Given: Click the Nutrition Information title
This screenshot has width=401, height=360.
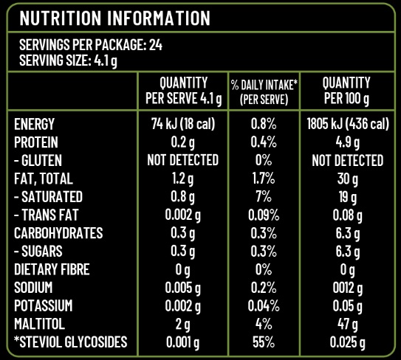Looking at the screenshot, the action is [114, 18].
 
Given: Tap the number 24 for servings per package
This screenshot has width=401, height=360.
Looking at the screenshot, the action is [156, 45].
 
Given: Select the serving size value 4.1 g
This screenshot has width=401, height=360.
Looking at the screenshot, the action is [106, 61].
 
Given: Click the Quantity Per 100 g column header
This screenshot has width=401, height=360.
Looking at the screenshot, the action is [346, 91].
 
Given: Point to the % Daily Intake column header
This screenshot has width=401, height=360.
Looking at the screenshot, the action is [264, 92].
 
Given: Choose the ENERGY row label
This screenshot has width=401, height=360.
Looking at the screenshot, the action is [34, 124].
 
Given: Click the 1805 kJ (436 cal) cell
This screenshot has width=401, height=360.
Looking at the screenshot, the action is [348, 124].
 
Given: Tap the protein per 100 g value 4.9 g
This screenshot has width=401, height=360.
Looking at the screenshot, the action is [348, 143].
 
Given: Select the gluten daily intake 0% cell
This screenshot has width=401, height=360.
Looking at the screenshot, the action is [264, 160].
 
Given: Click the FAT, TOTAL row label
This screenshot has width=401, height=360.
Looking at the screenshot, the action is [44, 179].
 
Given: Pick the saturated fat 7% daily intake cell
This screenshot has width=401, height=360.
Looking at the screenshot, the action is [264, 197].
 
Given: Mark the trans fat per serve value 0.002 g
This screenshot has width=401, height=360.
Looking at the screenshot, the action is [182, 215].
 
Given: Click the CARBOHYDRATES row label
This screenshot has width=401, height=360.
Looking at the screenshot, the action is [58, 233].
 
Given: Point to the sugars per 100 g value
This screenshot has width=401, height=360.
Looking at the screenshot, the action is [348, 252].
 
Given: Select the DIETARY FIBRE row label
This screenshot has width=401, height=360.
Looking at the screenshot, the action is [52, 269].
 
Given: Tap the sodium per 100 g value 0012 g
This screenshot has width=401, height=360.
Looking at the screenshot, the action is [348, 288].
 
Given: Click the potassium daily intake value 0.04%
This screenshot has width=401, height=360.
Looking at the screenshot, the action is [264, 306].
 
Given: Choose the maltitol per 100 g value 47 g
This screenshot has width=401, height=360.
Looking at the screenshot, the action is [348, 325].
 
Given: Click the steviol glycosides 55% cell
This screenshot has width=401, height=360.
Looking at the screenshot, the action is [264, 342].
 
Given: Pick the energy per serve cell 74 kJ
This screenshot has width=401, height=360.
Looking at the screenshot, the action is [182, 124].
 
